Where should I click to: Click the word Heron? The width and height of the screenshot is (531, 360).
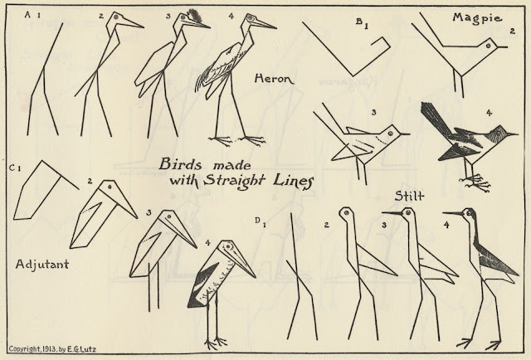(x=275, y=79)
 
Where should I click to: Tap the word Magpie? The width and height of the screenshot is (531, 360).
(x=477, y=17)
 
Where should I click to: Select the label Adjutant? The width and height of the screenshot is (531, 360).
(x=42, y=264)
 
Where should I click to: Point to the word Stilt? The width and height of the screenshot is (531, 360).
(x=409, y=196)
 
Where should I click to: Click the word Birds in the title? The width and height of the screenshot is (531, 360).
(x=181, y=164)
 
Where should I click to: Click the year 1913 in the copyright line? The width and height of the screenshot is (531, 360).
(x=49, y=349)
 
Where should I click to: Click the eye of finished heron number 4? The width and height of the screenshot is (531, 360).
(x=251, y=17)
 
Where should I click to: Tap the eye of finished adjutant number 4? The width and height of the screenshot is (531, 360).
(x=228, y=246)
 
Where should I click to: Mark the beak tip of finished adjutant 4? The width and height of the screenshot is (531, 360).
(x=255, y=277)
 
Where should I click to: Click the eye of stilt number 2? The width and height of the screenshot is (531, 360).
(x=347, y=213)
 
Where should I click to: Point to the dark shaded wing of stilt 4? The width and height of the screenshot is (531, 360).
(x=495, y=259)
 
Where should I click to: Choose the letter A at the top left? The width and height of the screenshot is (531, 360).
(x=27, y=14)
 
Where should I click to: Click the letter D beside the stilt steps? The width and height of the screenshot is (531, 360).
(x=257, y=221)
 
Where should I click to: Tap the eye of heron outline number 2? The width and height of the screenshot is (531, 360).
(x=116, y=17)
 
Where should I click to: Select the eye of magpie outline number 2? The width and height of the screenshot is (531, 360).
(x=489, y=45)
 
